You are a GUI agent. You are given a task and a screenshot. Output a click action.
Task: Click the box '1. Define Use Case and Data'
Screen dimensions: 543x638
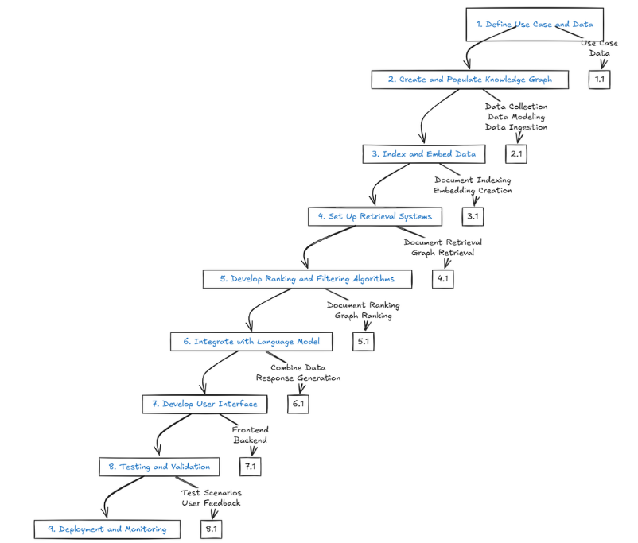(535, 24)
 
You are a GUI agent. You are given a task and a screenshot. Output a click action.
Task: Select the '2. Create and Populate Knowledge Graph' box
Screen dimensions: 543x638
(472, 80)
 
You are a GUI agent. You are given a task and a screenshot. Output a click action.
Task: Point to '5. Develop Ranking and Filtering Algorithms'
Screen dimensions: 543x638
(308, 279)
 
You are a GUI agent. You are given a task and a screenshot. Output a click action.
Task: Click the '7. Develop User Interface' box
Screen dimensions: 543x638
(205, 404)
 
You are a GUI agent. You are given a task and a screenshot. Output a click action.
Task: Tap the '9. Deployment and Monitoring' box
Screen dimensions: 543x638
(107, 529)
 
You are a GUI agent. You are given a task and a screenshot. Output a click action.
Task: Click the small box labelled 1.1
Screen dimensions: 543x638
(601, 80)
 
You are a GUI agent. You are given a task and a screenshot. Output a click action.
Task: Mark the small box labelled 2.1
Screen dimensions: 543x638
(517, 152)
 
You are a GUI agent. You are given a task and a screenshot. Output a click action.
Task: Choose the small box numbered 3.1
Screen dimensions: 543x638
(474, 215)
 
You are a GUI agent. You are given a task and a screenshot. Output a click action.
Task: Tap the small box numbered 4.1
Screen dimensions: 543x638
(443, 278)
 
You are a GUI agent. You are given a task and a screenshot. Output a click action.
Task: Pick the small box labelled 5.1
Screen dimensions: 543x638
(364, 341)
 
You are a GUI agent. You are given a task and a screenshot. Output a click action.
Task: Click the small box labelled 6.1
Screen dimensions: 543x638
(299, 404)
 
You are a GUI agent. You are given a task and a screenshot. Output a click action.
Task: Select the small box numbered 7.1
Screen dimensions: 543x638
(251, 466)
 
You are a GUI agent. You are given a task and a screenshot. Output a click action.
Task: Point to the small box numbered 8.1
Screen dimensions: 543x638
(211, 529)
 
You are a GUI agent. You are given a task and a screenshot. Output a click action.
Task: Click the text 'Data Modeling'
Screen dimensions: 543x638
(515, 116)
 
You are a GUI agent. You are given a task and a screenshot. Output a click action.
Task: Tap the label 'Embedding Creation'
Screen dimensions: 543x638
(473, 191)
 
